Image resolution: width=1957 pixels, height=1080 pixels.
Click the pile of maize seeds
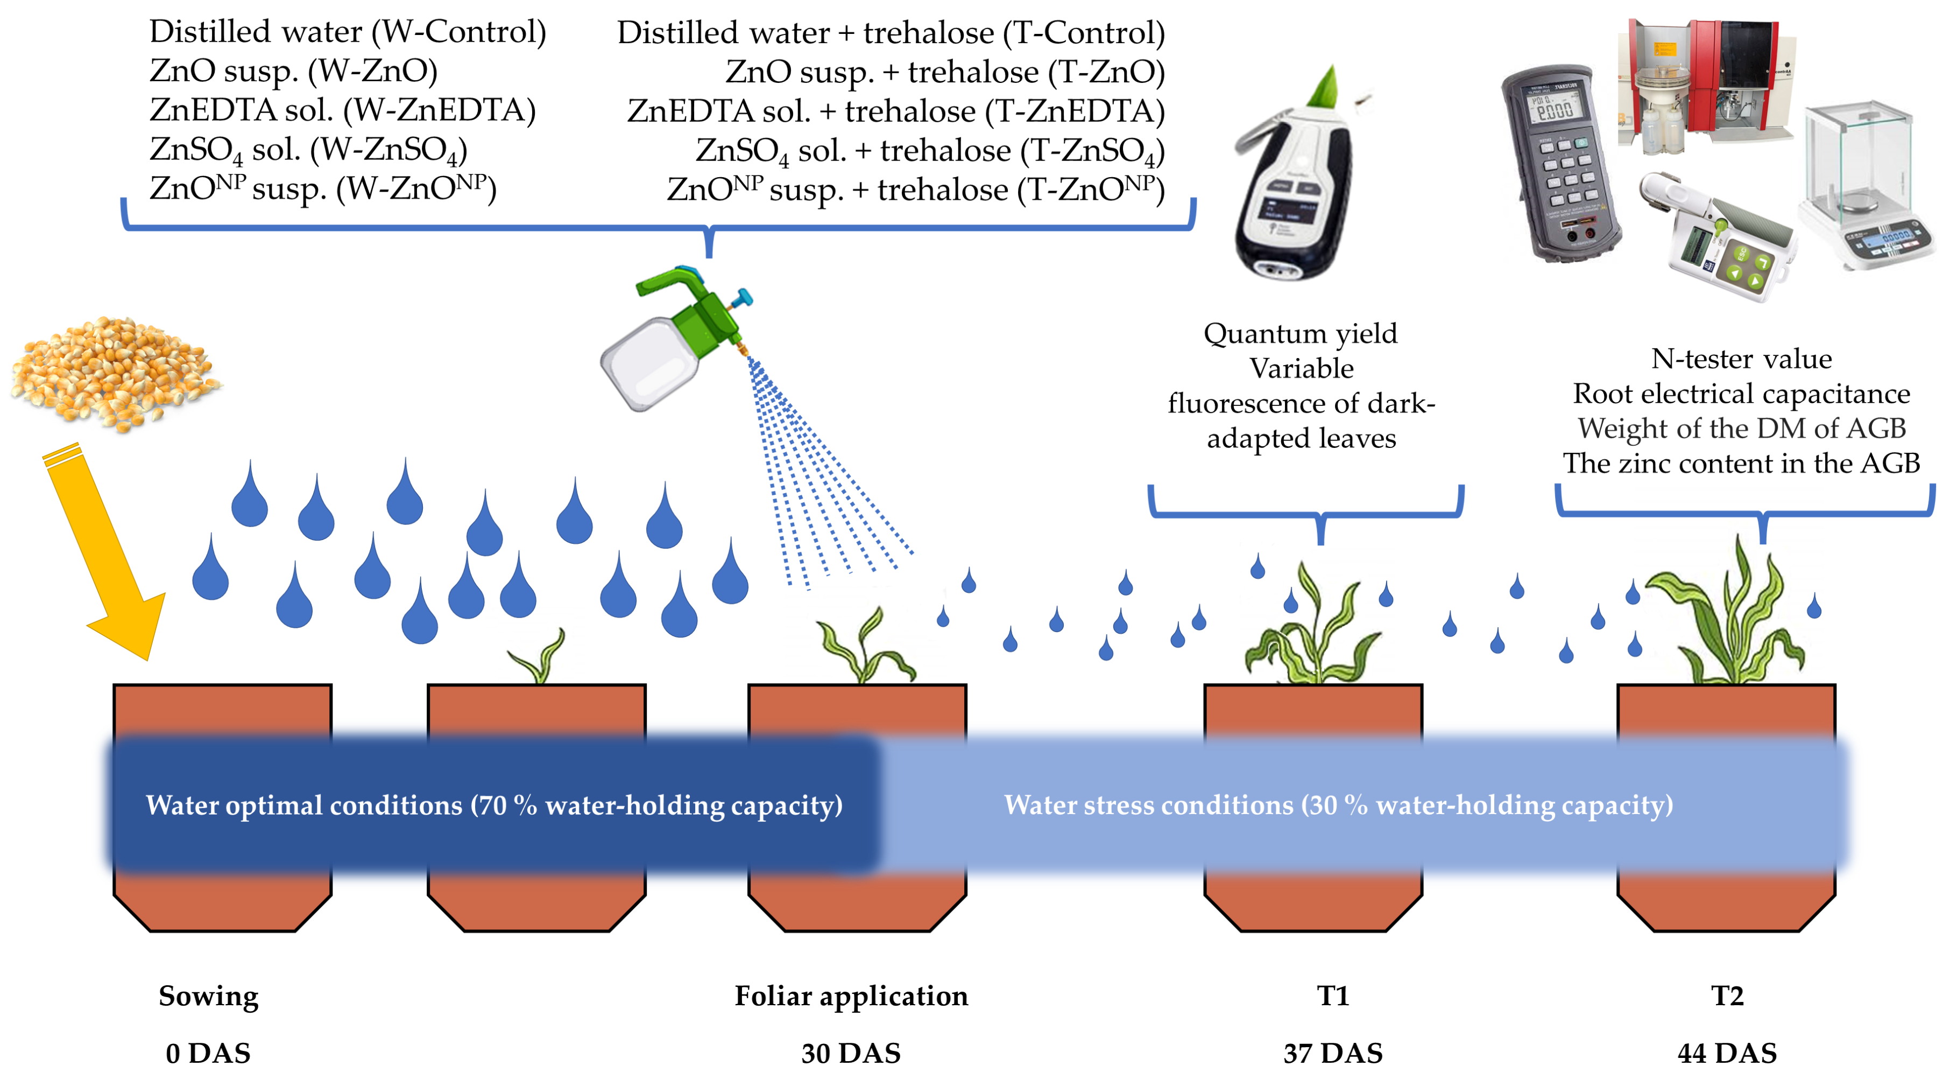pos(114,373)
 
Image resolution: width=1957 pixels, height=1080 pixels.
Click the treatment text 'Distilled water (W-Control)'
pos(347,32)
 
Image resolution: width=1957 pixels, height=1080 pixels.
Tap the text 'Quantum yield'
pos(1300,334)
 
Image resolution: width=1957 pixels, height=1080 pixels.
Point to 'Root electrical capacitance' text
pos(1741,394)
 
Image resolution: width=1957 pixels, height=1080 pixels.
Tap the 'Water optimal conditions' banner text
pos(494,804)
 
